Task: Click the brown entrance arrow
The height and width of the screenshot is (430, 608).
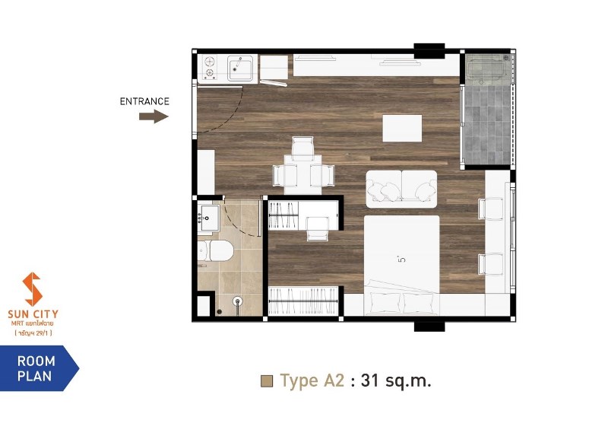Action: (154, 116)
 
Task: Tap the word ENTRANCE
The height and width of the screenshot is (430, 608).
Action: (144, 101)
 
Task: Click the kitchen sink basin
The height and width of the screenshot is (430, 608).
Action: (240, 68)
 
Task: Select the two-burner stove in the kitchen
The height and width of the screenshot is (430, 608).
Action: (210, 67)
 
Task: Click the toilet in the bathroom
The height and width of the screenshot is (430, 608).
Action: (215, 250)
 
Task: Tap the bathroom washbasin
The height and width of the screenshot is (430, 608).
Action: (208, 218)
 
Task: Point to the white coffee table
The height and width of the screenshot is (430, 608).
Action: (402, 128)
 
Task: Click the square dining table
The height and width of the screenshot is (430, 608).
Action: (303, 175)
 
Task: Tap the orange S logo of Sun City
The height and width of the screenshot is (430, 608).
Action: (32, 289)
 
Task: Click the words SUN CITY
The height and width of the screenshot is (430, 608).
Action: (33, 314)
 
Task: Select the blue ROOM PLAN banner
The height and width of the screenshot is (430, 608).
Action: (39, 368)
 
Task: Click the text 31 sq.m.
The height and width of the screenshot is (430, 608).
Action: (396, 381)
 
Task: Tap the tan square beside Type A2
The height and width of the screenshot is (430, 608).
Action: (267, 381)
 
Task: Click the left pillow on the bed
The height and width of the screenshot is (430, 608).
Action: (385, 303)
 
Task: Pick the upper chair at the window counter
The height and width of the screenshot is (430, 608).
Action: (490, 209)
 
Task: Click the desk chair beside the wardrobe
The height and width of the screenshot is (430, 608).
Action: (318, 229)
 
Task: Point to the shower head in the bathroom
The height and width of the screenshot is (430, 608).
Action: (237, 301)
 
